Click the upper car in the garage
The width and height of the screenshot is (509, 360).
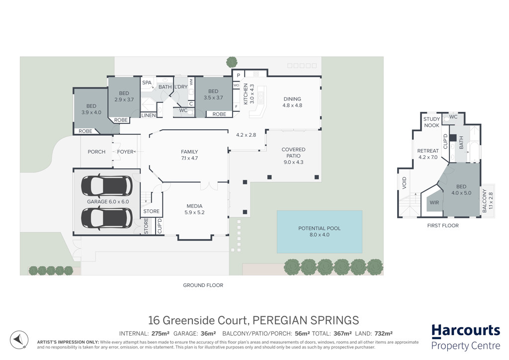106,186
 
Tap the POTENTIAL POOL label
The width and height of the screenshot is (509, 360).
320,228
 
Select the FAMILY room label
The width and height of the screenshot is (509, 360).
189,152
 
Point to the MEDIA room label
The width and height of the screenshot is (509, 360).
194,206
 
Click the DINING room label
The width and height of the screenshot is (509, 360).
292,98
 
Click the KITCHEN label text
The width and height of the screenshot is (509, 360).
246,94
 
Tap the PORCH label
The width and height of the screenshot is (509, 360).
96,152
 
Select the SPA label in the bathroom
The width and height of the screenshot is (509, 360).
147,83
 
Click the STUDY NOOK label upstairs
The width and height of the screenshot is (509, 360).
431,122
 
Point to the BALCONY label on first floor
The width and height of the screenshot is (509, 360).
484,200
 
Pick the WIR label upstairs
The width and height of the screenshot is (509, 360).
434,202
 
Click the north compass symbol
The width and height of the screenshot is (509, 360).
19,340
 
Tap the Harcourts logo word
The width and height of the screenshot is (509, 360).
465,331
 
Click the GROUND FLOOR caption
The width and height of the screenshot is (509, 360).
203,285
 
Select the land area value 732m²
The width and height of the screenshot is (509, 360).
383,333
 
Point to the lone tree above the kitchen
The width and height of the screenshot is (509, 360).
232,62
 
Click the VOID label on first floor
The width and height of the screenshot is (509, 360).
404,183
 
